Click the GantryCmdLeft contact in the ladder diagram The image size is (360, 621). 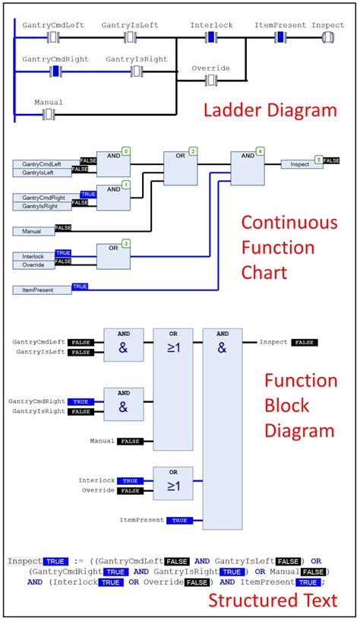point(54,36)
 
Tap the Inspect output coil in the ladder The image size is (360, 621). point(327,36)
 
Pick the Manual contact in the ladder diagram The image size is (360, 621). point(49,114)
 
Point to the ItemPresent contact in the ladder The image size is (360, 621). point(280,36)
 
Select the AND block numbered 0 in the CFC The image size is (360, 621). point(112,164)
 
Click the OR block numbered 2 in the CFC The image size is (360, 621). point(179,167)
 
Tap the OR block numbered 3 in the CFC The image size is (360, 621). point(112,256)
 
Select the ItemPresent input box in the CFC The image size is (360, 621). point(42,290)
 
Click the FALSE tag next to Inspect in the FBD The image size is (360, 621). point(305,343)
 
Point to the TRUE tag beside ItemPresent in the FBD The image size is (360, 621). point(178,521)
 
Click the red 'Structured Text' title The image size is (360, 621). point(272,600)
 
